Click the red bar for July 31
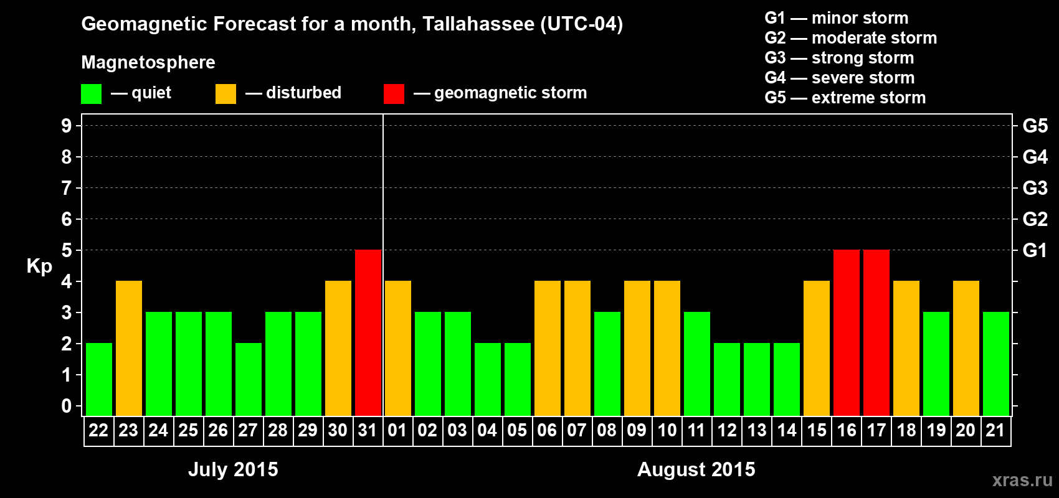[368, 332]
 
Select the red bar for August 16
[847, 332]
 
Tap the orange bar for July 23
[129, 348]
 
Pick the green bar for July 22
[99, 379]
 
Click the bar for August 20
[966, 348]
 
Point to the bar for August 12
[727, 379]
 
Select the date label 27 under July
[248, 431]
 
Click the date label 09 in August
[637, 431]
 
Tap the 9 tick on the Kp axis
[67, 126]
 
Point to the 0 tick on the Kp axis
[67, 406]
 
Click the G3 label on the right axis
[1035, 188]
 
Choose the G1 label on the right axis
[1035, 250]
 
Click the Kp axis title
[39, 266]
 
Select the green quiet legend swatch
[92, 94]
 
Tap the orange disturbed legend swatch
[226, 94]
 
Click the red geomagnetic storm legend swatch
[394, 94]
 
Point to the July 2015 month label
[233, 469]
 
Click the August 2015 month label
[696, 469]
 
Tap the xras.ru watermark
[1022, 480]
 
